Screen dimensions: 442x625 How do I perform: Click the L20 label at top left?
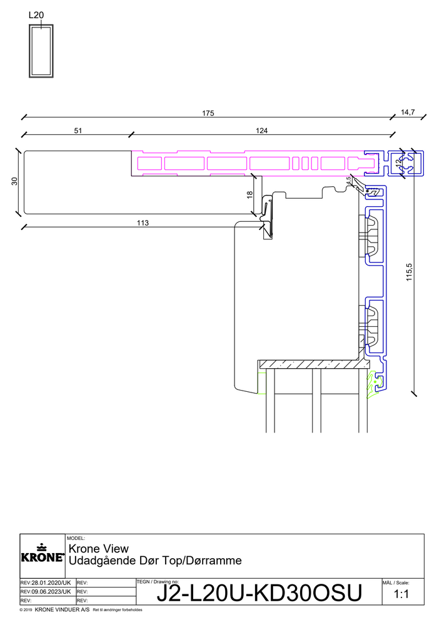tap(36, 15)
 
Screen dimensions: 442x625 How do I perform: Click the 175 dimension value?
tap(208, 113)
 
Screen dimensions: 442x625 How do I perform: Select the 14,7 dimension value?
tap(408, 112)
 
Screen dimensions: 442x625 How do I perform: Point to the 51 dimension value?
tap(78, 131)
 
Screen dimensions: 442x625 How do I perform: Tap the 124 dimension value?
tap(261, 131)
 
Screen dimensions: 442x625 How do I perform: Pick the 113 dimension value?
tap(143, 223)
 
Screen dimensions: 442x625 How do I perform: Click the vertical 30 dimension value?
tap(15, 181)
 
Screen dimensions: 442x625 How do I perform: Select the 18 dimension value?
tap(250, 195)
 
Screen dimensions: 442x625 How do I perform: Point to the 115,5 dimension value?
tap(409, 272)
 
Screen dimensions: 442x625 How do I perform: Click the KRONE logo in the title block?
tap(43, 553)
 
